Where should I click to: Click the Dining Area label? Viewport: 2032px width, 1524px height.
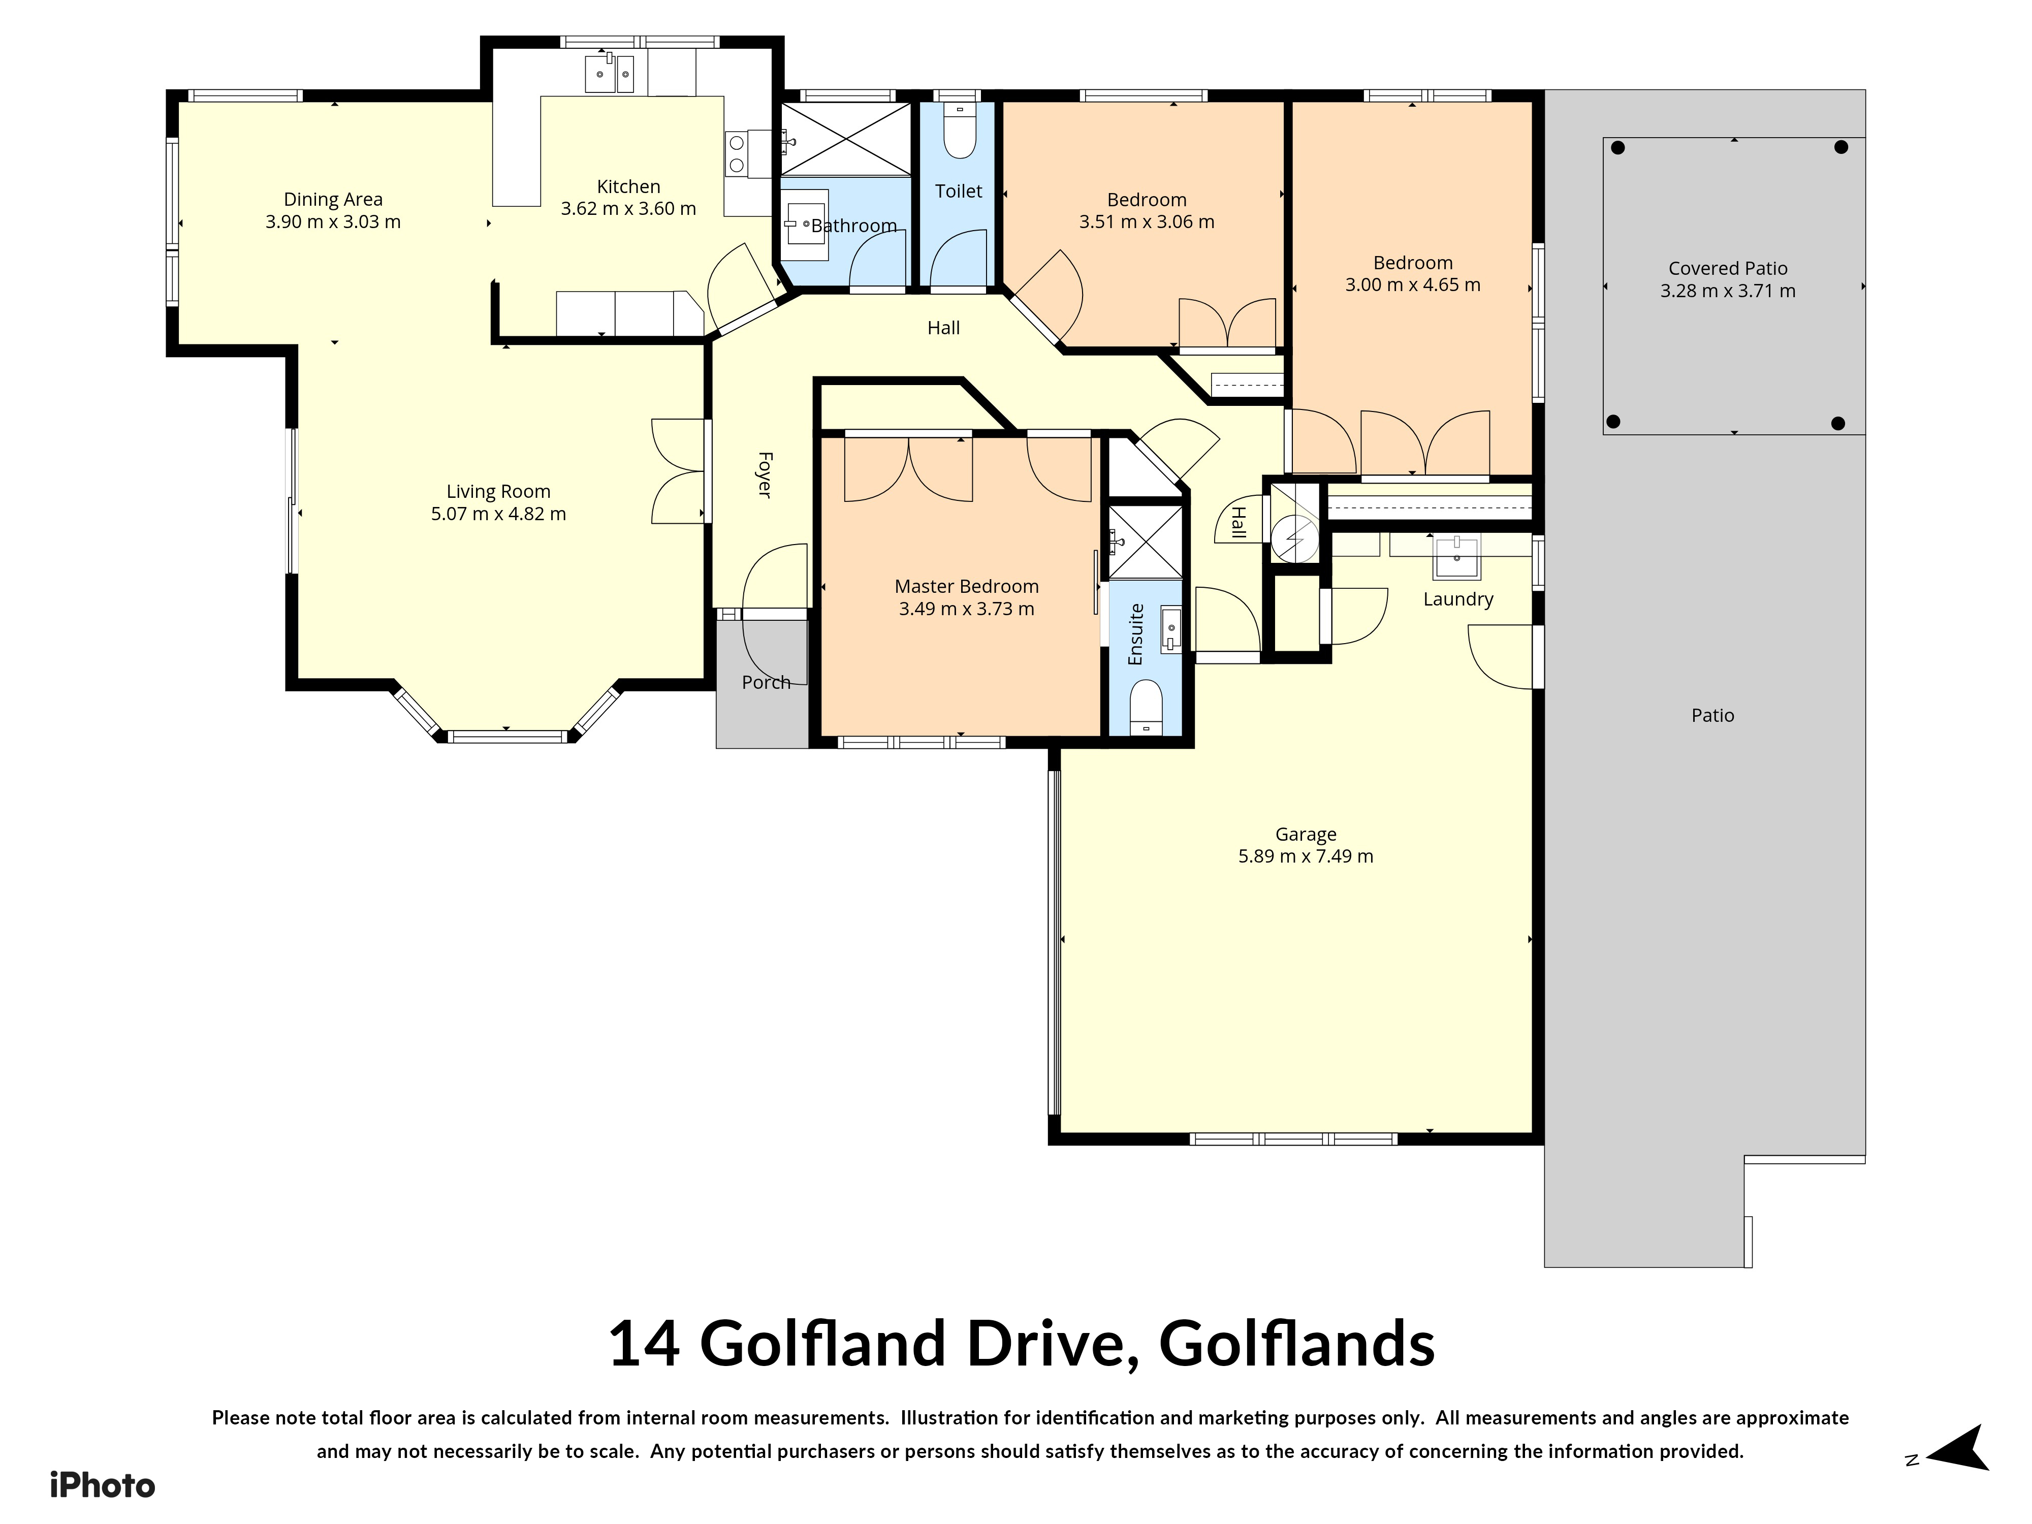[333, 199]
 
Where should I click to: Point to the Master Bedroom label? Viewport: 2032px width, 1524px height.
[966, 586]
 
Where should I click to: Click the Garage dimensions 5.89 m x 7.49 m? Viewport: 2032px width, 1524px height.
[1306, 856]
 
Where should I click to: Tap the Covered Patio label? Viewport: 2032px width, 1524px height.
[1728, 268]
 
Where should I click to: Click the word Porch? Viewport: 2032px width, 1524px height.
[766, 683]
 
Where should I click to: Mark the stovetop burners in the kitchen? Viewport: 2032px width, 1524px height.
[737, 154]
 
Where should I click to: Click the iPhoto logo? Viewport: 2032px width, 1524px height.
[102, 1485]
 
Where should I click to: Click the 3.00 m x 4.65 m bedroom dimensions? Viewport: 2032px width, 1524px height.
[1413, 285]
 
